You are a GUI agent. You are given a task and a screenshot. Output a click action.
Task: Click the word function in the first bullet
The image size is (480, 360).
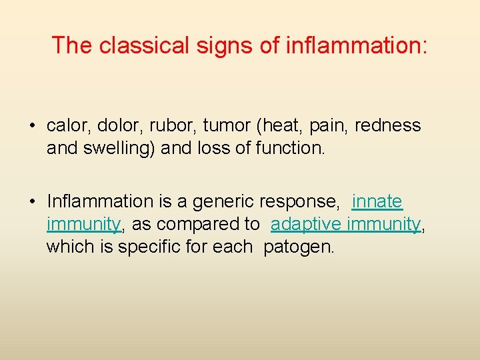point(291,148)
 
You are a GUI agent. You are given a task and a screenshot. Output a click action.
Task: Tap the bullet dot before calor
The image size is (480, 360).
point(31,126)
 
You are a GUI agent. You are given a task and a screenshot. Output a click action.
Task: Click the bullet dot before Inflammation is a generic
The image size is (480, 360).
point(31,201)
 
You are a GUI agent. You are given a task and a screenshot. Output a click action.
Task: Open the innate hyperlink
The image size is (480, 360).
point(377,201)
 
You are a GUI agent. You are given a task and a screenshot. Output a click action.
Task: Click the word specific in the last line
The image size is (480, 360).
point(150,246)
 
